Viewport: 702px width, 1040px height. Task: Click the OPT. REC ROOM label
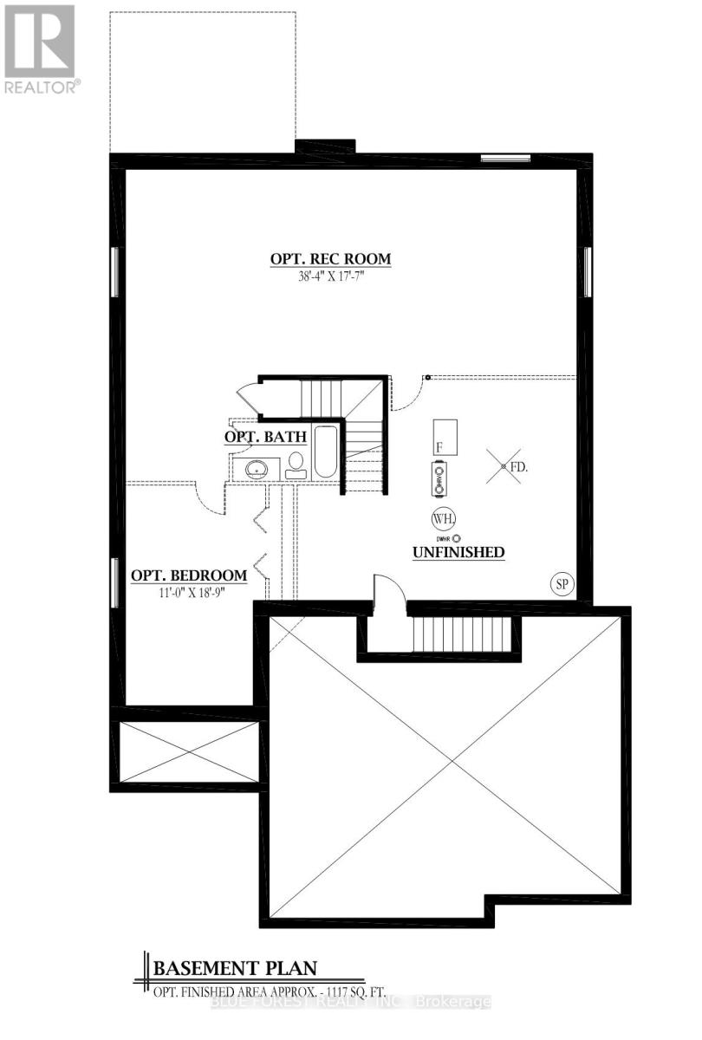[330, 258]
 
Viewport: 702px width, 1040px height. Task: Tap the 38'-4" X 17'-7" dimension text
[330, 276]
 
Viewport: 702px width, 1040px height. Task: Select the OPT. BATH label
[266, 438]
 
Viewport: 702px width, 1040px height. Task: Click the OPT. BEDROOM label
[189, 575]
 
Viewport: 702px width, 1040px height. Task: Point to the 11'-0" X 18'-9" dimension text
[189, 593]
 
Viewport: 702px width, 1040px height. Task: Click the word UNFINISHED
[458, 552]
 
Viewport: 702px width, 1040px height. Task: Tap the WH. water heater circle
[441, 519]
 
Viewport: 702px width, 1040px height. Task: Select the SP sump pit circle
[562, 584]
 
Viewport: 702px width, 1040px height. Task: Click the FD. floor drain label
[518, 467]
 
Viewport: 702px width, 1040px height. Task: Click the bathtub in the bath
[326, 451]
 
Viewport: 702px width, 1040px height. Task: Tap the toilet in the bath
[296, 465]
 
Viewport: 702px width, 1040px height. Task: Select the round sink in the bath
[257, 469]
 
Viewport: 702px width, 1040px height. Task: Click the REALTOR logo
[40, 48]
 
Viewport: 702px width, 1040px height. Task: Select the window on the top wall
[505, 158]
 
